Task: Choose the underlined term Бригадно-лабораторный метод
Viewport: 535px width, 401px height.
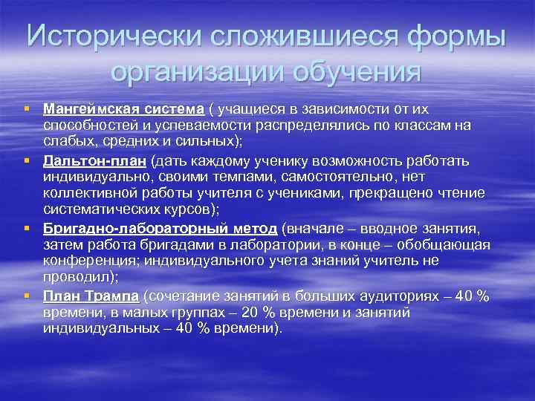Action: click(160, 228)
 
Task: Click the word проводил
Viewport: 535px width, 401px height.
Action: click(75, 278)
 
